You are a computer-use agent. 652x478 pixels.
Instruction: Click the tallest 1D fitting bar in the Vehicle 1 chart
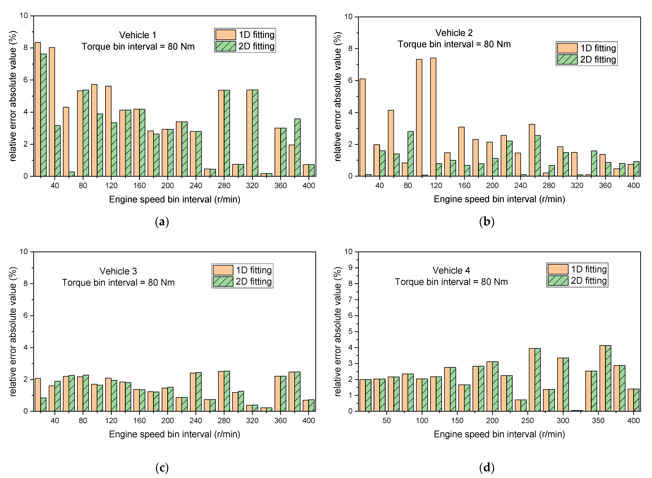tap(38, 109)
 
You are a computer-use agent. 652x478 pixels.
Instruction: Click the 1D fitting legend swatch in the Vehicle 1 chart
tap(226, 35)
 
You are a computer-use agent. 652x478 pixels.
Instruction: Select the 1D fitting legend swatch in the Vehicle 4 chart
tap(558, 269)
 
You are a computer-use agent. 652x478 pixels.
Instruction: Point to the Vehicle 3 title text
tap(118, 271)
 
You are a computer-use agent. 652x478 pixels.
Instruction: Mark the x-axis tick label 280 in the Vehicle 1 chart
tap(224, 185)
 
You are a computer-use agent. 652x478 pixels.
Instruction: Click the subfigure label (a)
tap(162, 222)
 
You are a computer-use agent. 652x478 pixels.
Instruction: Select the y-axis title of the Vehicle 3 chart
tap(13, 331)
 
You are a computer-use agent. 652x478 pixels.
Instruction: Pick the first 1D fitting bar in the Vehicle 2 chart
tap(363, 127)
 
